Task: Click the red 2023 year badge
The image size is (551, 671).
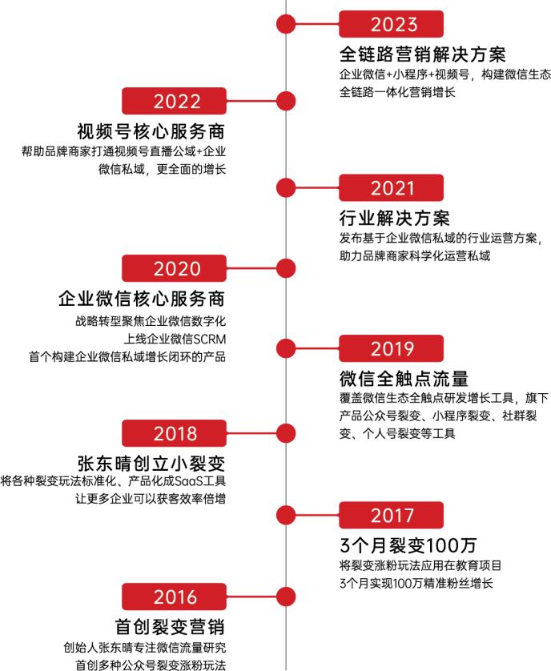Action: point(391,24)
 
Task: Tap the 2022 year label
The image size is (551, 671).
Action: point(174,101)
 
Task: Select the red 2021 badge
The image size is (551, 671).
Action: point(391,188)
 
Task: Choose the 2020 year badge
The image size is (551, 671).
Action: point(174,268)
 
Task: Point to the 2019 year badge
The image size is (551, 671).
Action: point(391,348)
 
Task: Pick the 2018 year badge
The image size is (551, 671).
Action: point(174,433)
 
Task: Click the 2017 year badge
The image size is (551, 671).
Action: point(391,515)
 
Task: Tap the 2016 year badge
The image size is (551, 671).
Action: point(174,597)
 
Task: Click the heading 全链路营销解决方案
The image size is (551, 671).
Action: point(423,54)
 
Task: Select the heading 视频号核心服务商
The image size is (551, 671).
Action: point(151,131)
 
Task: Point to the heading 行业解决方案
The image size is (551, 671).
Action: point(395,219)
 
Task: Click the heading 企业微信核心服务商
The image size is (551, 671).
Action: point(142,299)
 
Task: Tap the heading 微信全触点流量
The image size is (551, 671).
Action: point(404,379)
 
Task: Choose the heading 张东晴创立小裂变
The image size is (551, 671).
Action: point(151,463)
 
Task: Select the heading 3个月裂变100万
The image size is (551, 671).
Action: point(408,545)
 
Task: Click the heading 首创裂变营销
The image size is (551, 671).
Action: point(170,627)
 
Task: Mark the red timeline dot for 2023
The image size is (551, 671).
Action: point(286,24)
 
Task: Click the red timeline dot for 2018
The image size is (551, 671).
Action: point(286,433)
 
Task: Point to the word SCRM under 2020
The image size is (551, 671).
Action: point(209,339)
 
